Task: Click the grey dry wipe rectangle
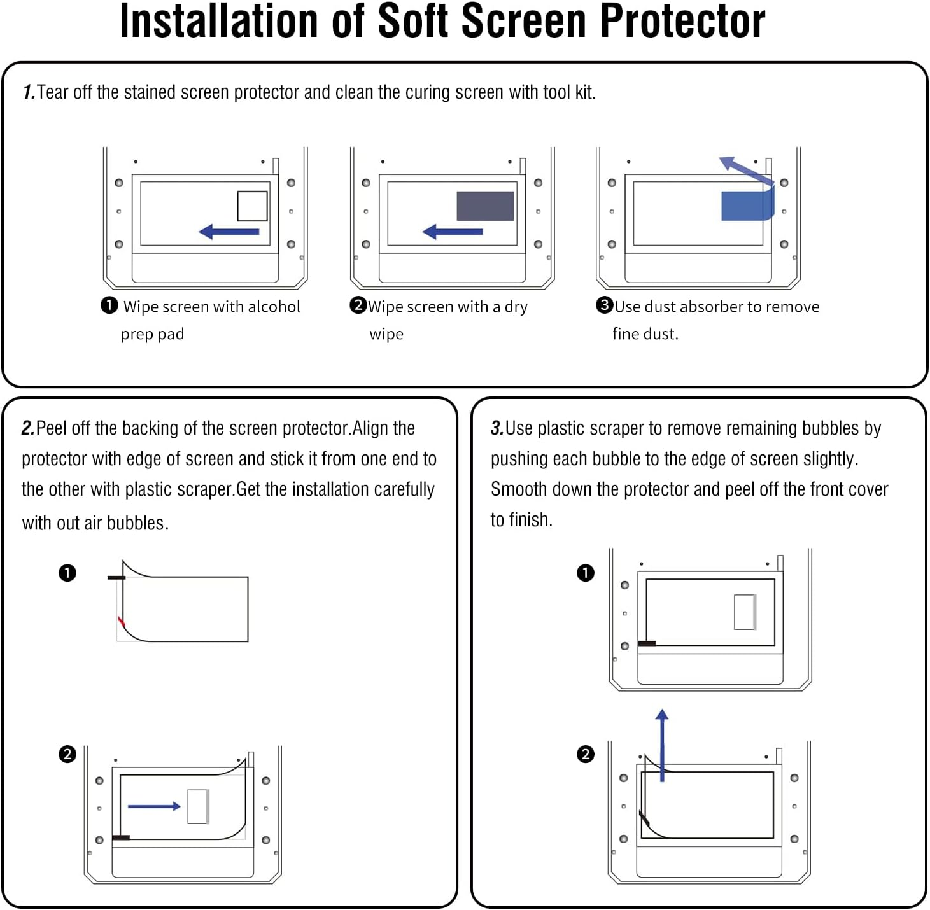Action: pos(485,206)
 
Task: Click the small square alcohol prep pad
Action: pos(252,206)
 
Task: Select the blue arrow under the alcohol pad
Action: pos(229,232)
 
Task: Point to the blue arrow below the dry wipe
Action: pos(453,232)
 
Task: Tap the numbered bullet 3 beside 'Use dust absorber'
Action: pos(604,305)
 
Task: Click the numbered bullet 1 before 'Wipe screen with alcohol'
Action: pos(109,305)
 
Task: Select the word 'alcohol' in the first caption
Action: pos(274,307)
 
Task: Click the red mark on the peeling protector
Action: pos(121,621)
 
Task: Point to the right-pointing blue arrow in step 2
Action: pos(154,806)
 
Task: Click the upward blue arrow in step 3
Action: pos(662,745)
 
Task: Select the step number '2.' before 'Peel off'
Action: pos(28,428)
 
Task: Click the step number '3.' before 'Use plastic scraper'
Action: pos(497,428)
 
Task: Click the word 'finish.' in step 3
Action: pos(531,520)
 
